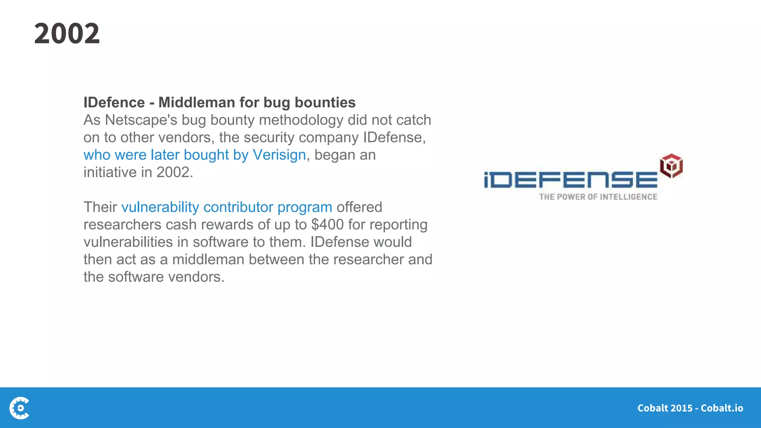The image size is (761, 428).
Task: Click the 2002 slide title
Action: click(67, 33)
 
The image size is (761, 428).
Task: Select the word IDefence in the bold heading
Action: click(114, 103)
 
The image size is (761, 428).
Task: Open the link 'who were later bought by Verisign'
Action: click(194, 155)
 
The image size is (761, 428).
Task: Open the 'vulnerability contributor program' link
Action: click(227, 207)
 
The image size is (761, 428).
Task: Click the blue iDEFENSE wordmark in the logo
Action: click(570, 179)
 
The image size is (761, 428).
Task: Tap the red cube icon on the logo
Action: click(671, 165)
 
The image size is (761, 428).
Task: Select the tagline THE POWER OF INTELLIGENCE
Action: click(598, 197)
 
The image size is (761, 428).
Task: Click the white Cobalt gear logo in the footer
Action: click(20, 408)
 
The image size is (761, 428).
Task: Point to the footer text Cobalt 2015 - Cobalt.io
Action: click(690, 408)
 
